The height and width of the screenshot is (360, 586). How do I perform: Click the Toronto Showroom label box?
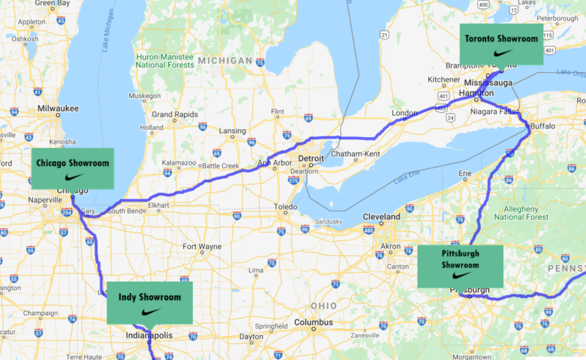click(x=501, y=44)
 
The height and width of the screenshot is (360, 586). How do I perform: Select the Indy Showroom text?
click(x=150, y=297)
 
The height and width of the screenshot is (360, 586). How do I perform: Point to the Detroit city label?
click(x=311, y=158)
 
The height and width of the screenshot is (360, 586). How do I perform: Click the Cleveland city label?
click(x=381, y=216)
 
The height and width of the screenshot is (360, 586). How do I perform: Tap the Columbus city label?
click(x=313, y=322)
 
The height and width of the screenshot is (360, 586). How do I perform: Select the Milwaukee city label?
click(x=58, y=108)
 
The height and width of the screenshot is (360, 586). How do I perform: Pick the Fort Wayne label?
click(x=202, y=247)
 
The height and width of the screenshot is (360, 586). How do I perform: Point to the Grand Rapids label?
click(x=175, y=114)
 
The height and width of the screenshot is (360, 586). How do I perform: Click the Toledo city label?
click(x=285, y=207)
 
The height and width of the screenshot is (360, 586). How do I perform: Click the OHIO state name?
click(x=323, y=306)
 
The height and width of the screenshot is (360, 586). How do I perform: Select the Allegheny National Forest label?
click(x=521, y=213)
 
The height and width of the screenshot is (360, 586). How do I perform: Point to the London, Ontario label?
click(x=404, y=113)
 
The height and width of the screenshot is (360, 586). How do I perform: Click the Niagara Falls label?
click(x=493, y=112)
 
